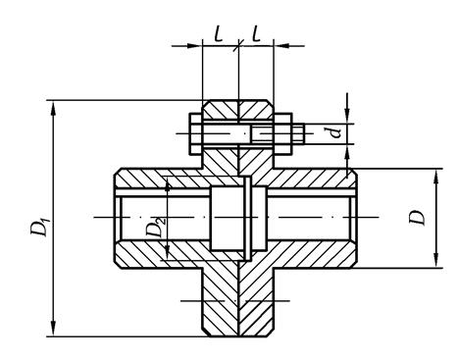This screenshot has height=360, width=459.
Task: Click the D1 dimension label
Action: (x=40, y=225)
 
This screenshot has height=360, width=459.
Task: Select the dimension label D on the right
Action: (x=417, y=216)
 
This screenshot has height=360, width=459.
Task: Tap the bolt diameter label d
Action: (x=334, y=132)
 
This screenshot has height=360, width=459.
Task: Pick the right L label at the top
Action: (x=256, y=33)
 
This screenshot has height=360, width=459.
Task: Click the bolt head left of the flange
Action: (x=195, y=133)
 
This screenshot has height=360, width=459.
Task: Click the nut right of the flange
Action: (x=282, y=133)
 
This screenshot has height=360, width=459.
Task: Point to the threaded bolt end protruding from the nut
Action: (x=298, y=133)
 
